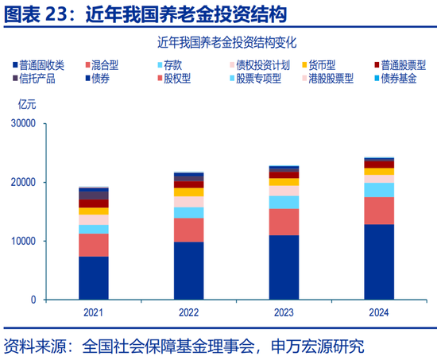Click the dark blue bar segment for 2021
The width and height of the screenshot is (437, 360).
coord(94,277)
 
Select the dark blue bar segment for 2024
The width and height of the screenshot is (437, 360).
coord(379,261)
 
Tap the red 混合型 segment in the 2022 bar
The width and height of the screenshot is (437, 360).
coord(189,230)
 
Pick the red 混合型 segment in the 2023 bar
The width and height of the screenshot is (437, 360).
coord(284,222)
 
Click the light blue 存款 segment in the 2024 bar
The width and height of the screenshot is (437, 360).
coord(379,189)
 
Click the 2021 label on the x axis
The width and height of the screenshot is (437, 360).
coord(94,312)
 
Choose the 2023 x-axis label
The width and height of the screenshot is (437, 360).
coord(284,312)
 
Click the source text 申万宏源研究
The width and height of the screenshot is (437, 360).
coord(318,346)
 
